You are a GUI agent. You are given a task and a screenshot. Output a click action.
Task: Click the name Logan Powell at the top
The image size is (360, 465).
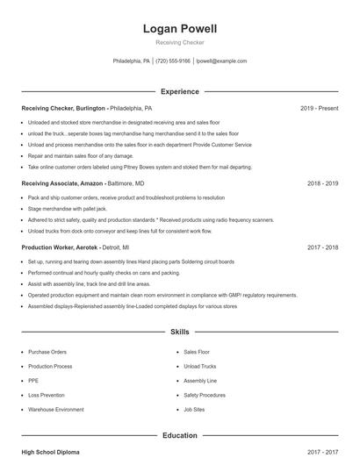click(179, 29)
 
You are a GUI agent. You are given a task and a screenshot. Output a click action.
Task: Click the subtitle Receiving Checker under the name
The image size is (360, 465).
click(179, 43)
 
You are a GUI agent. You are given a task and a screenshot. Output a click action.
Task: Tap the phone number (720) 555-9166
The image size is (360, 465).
click(174, 61)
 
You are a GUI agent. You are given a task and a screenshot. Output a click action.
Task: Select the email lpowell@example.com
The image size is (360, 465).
click(221, 61)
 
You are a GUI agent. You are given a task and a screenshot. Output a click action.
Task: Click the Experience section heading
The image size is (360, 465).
click(179, 91)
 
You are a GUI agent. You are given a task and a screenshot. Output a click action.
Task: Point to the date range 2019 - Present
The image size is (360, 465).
click(319, 108)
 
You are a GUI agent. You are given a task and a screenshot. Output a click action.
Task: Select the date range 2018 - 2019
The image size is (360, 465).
click(323, 184)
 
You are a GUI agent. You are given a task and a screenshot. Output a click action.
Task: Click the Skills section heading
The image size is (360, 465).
click(179, 333)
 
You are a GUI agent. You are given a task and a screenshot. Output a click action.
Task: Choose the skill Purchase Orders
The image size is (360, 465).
click(47, 352)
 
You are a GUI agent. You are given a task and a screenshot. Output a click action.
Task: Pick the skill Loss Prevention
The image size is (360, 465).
click(46, 395)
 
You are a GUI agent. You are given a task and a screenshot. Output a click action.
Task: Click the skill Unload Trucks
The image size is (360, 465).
click(200, 366)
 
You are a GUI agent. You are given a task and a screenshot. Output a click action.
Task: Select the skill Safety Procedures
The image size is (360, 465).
click(205, 395)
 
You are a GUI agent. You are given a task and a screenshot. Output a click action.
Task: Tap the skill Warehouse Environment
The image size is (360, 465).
click(56, 410)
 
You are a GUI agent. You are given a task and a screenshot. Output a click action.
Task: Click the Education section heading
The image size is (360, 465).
click(179, 435)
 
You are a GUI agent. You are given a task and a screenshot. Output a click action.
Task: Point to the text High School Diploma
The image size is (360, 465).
click(50, 452)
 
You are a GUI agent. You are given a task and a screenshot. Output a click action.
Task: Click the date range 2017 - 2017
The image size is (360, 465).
click(323, 452)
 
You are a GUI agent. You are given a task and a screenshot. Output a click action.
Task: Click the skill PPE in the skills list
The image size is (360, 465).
click(33, 381)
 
